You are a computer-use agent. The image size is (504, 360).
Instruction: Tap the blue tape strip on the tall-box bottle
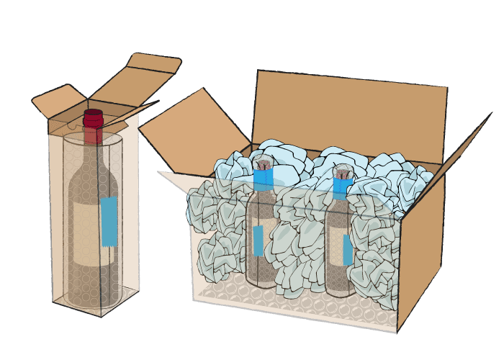pyautogui.click(x=109, y=220)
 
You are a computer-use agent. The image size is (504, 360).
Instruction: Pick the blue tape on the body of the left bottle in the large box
pyautogui.click(x=258, y=240)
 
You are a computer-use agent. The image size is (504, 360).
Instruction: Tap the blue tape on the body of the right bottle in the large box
pyautogui.click(x=348, y=249)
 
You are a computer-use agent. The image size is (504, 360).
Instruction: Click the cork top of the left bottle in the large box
pyautogui.click(x=264, y=162)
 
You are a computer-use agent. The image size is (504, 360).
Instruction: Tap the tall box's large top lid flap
pyautogui.click(x=137, y=76)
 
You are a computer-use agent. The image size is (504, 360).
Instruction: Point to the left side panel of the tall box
pyautogui.click(x=58, y=216)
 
